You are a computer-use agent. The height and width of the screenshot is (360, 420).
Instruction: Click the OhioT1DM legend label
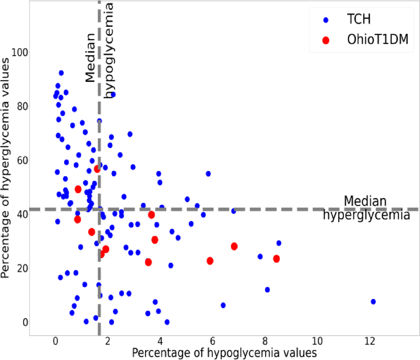[378, 40]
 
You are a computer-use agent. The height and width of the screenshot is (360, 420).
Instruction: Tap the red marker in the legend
[326, 40]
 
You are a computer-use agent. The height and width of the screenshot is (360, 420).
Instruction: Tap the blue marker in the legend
[326, 20]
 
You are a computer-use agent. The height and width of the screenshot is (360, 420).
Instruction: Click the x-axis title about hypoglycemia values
[224, 353]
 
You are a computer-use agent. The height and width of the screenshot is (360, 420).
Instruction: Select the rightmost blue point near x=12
[373, 302]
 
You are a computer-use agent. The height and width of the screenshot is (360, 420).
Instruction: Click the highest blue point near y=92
[61, 73]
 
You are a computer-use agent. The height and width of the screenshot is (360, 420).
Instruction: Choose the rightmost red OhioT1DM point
[276, 259]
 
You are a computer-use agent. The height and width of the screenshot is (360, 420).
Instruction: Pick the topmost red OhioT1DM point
[97, 169]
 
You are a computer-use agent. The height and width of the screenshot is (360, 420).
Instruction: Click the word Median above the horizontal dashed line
[364, 201]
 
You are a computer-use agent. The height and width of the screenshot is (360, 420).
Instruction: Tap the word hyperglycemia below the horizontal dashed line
[366, 215]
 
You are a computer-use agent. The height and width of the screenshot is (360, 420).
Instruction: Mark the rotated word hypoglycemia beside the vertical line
[110, 50]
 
